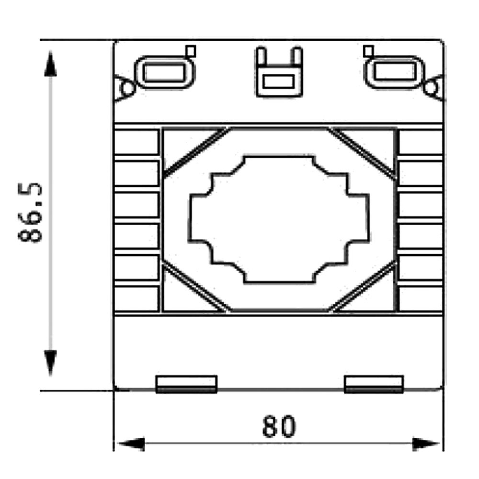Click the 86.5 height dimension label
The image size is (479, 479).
click(x=30, y=213)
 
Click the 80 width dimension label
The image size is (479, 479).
click(x=279, y=426)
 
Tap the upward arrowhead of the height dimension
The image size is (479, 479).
click(x=50, y=64)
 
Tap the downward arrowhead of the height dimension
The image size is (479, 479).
click(x=50, y=363)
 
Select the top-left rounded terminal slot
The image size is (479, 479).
click(x=165, y=72)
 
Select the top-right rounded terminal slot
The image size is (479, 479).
click(x=395, y=72)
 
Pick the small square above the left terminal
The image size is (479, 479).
click(x=191, y=51)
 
